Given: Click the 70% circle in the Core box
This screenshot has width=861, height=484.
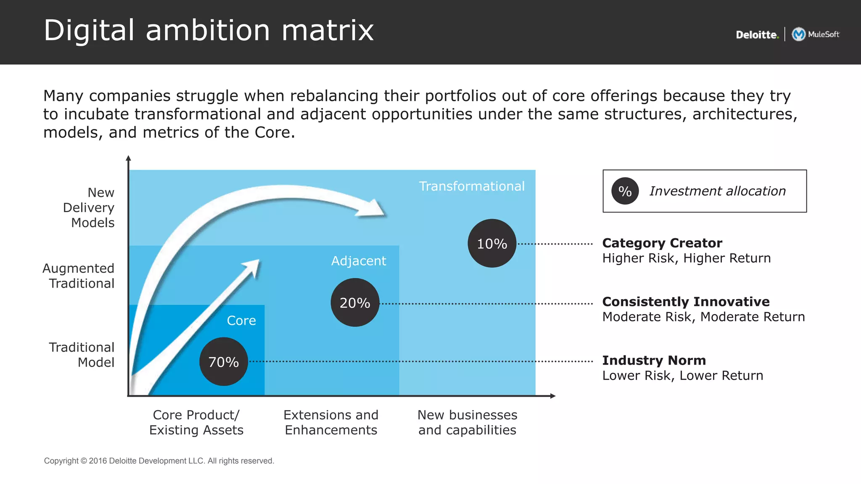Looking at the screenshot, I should point(223,361).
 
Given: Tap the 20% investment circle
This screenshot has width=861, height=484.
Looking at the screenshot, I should point(355,302).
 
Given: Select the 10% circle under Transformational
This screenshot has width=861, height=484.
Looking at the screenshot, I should point(492,243).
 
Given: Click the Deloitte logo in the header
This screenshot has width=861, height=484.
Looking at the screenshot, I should point(757,35).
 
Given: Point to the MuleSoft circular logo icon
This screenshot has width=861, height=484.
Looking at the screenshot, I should point(798,34).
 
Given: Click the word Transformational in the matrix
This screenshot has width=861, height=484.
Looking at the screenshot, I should point(472,186).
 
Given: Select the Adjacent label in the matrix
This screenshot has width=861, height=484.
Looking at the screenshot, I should point(359,261).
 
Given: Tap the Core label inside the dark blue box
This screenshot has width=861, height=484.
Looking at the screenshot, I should point(241,321).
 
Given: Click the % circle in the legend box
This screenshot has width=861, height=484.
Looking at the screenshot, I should point(625,191).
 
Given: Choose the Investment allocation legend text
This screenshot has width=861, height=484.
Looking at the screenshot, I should point(717,191).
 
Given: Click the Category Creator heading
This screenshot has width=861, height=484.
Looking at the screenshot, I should point(662,243).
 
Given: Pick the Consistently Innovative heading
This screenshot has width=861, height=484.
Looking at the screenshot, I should point(686,302).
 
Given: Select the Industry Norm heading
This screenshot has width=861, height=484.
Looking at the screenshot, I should point(654,360).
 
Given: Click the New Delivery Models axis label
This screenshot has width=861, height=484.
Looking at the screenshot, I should point(89,208).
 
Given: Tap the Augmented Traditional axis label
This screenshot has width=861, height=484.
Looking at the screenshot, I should point(79,276).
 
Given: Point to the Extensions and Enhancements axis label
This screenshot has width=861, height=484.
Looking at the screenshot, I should point(331,422).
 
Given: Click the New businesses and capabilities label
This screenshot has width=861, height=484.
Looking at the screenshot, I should point(467,422).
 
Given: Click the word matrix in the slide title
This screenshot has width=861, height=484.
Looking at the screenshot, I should point(327,30).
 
